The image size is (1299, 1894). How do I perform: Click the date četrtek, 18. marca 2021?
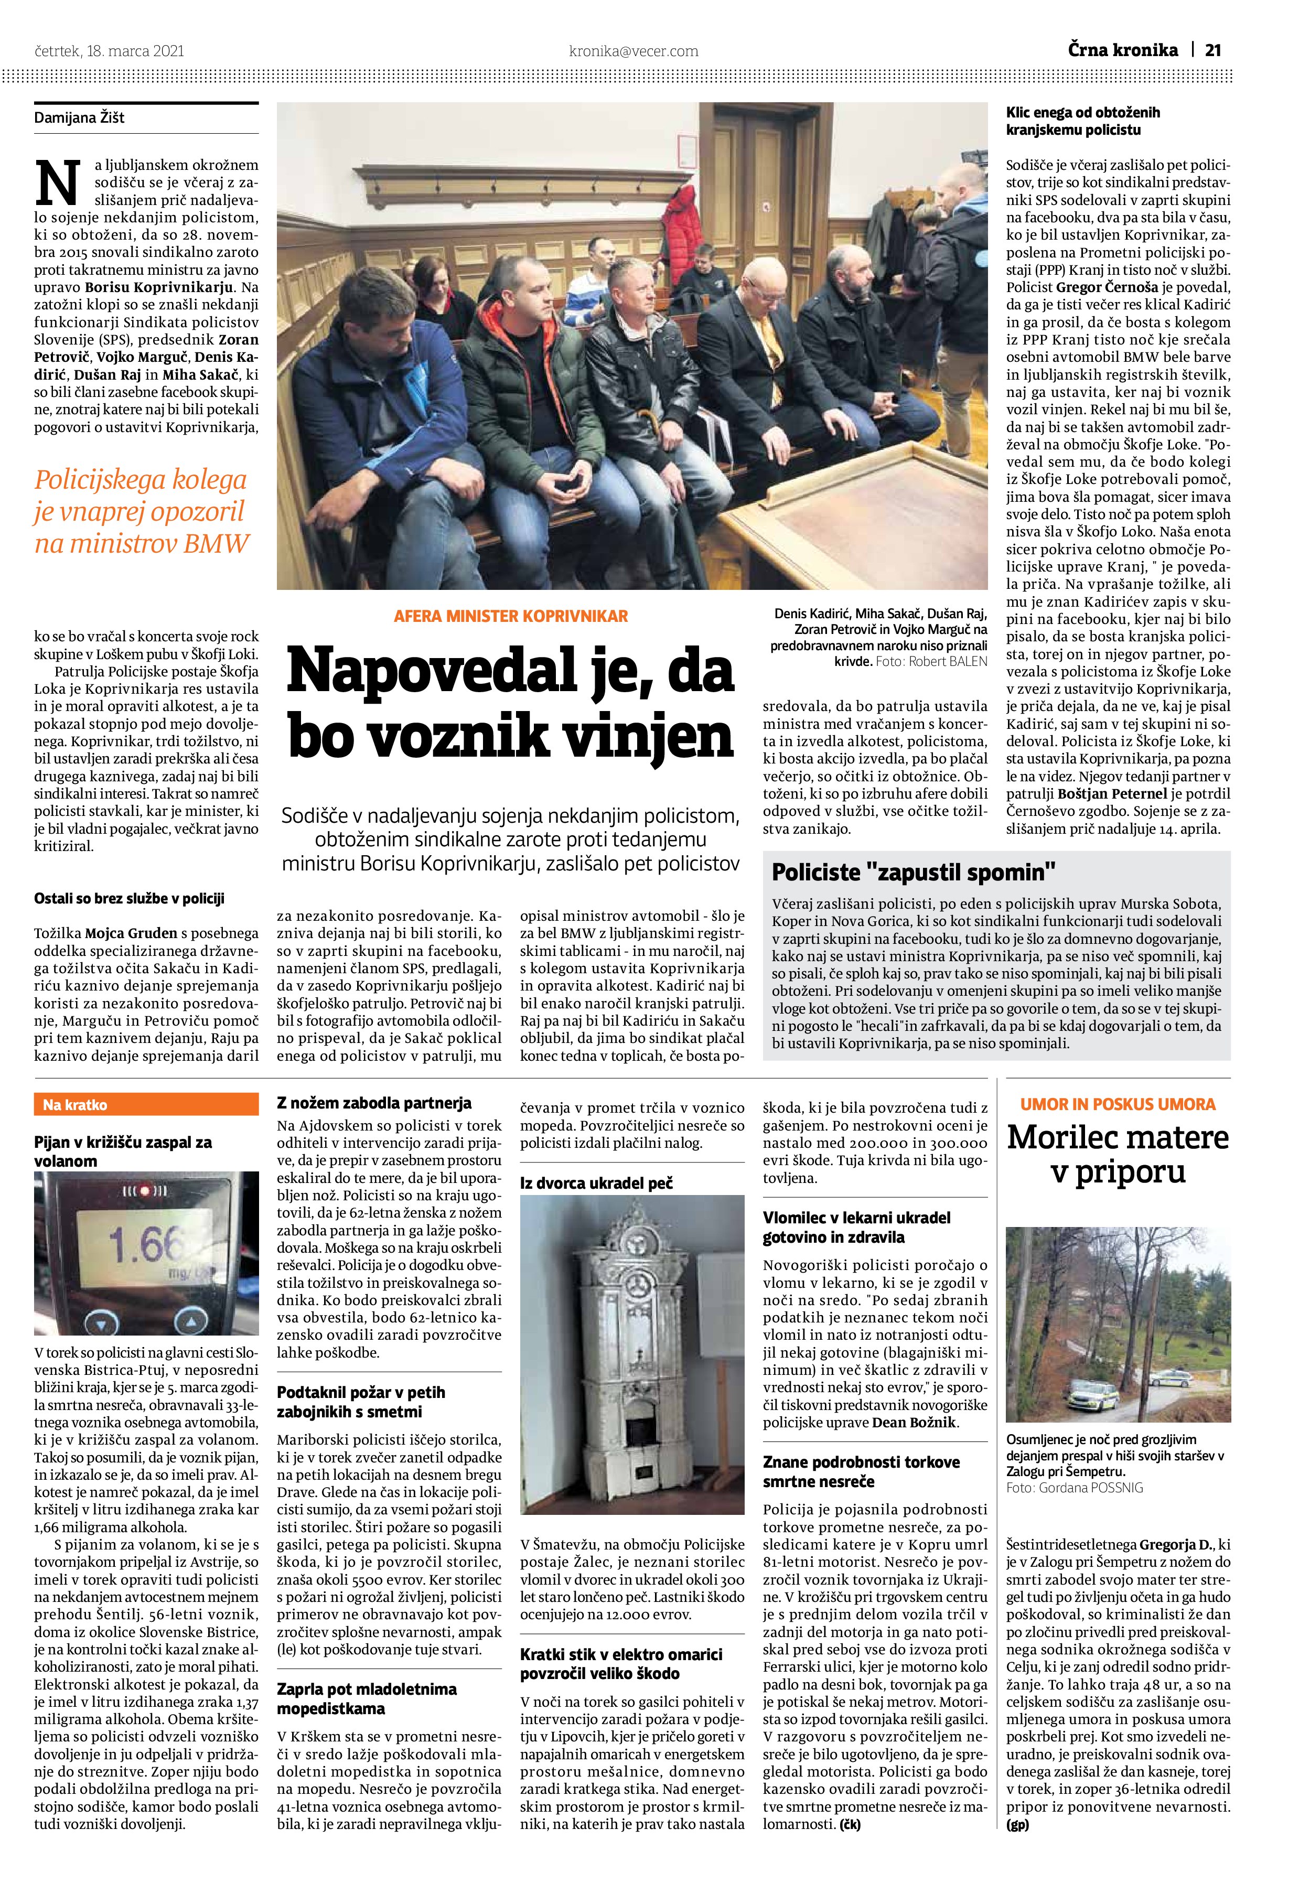pyautogui.click(x=109, y=50)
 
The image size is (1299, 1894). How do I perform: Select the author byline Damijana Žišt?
pyautogui.click(x=79, y=118)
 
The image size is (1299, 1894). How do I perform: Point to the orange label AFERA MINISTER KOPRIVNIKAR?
pyautogui.click(x=510, y=616)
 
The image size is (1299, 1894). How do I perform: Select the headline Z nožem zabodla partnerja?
pyautogui.click(x=374, y=1103)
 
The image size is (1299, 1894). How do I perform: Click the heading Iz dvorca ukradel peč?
pyautogui.click(x=596, y=1182)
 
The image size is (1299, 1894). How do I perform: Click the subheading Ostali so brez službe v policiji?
pyautogui.click(x=129, y=899)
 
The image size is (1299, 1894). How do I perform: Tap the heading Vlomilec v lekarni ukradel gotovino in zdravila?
pyautogui.click(x=856, y=1228)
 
